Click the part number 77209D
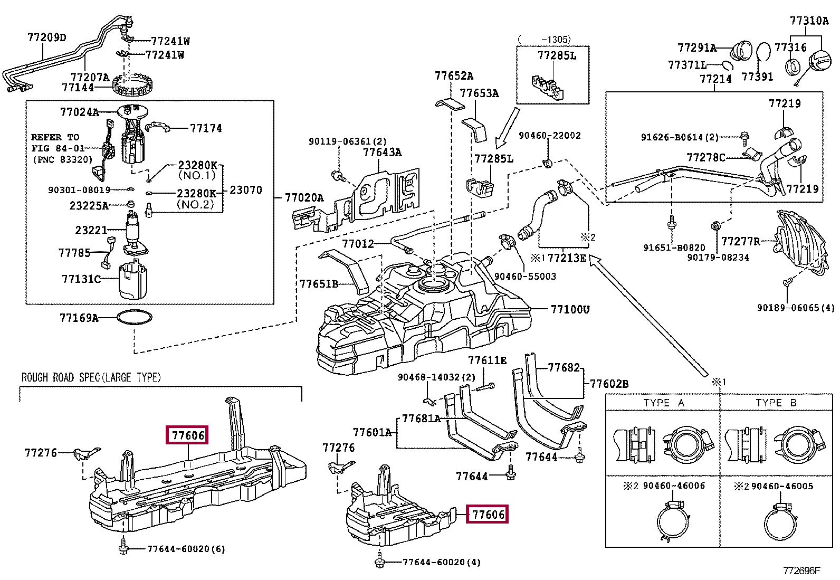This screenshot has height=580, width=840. (47, 37)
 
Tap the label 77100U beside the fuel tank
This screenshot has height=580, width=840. (570, 309)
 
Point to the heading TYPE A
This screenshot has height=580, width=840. (663, 403)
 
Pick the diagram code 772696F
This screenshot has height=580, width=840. (801, 571)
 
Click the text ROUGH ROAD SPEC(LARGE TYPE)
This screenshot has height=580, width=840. (91, 377)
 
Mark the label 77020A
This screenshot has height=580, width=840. (304, 198)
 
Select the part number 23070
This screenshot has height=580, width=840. (246, 190)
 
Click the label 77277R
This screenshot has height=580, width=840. (740, 242)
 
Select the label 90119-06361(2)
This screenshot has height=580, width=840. (348, 141)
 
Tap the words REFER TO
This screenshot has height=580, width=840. (55, 137)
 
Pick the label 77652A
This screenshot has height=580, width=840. (454, 76)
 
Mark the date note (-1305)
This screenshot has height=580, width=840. (544, 39)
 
